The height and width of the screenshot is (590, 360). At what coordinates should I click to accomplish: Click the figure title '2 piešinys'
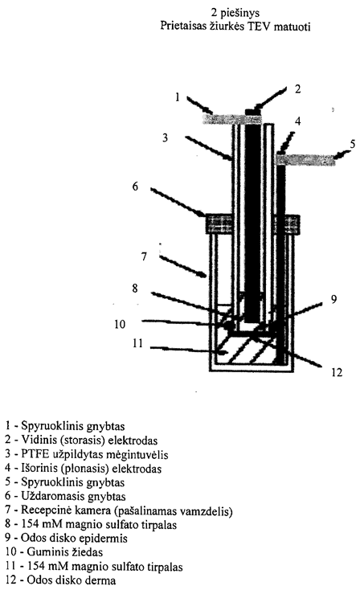(x=235, y=13)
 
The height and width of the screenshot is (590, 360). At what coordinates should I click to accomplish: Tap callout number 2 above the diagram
(x=297, y=88)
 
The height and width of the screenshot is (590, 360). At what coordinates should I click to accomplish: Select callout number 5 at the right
(x=353, y=144)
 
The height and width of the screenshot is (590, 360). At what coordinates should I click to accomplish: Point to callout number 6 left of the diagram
(x=135, y=186)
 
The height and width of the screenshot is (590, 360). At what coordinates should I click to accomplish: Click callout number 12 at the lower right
(x=337, y=372)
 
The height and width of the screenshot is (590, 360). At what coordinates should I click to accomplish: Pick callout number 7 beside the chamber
(x=144, y=256)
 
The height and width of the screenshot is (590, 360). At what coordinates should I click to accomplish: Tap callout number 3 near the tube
(x=165, y=137)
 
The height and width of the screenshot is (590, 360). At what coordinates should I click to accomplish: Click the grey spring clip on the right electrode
(x=305, y=159)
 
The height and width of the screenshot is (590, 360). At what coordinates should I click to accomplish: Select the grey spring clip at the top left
(x=232, y=119)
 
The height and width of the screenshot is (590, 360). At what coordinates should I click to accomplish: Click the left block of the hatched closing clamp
(x=219, y=223)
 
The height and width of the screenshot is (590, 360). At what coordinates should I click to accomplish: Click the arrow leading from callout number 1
(x=200, y=105)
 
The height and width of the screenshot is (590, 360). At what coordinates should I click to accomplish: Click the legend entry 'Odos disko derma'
(x=60, y=580)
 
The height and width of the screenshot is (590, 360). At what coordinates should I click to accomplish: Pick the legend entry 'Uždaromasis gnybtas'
(x=65, y=496)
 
